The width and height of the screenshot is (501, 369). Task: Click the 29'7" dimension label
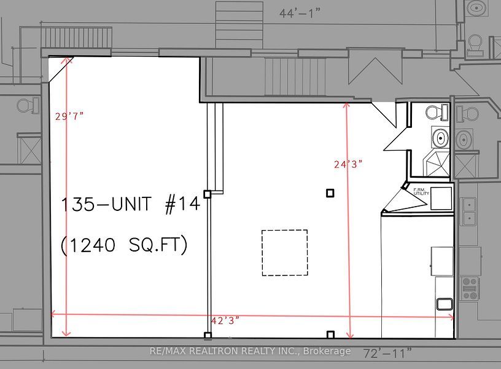69,116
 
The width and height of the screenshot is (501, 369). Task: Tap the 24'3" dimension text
348,164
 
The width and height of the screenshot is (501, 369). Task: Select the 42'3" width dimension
225,320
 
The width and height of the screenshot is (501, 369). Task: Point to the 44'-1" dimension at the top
300,14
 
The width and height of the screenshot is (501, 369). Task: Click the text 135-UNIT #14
130,204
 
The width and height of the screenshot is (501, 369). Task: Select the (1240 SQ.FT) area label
124,245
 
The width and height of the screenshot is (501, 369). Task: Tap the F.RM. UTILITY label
421,192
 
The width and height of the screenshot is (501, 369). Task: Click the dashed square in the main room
285,253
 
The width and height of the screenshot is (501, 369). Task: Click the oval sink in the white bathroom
440,138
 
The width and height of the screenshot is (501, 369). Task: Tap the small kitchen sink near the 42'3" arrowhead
445,304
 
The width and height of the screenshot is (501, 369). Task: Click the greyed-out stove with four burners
470,288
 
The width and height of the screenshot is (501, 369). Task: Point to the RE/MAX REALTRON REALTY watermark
250,351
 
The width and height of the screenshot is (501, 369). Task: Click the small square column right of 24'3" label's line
330,193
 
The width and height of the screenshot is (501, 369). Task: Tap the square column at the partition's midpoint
208,194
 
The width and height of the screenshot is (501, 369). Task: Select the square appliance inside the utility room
441,199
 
